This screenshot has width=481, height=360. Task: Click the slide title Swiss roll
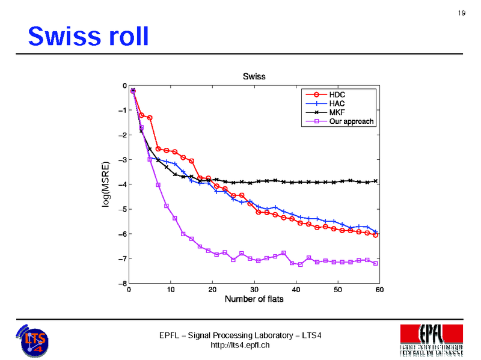coord(88,37)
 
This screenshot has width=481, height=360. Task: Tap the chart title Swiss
coord(254,76)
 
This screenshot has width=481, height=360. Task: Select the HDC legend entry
coord(337,94)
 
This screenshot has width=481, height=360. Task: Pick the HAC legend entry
coord(337,103)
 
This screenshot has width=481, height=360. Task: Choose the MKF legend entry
coord(337,112)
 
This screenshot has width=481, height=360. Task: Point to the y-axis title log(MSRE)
coord(106,185)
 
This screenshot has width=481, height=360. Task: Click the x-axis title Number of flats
coord(254,299)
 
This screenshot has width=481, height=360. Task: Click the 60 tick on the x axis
coord(379,290)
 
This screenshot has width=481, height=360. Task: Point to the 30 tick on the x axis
coord(254,290)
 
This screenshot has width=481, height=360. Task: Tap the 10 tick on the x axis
coord(171,290)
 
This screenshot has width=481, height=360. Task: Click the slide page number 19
coord(462,14)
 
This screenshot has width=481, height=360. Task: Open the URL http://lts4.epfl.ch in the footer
coord(240,345)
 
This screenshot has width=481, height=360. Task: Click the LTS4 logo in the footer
coord(34,340)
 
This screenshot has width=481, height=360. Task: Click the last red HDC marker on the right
coord(375,235)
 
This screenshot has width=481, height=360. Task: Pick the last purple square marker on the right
coord(375,263)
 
